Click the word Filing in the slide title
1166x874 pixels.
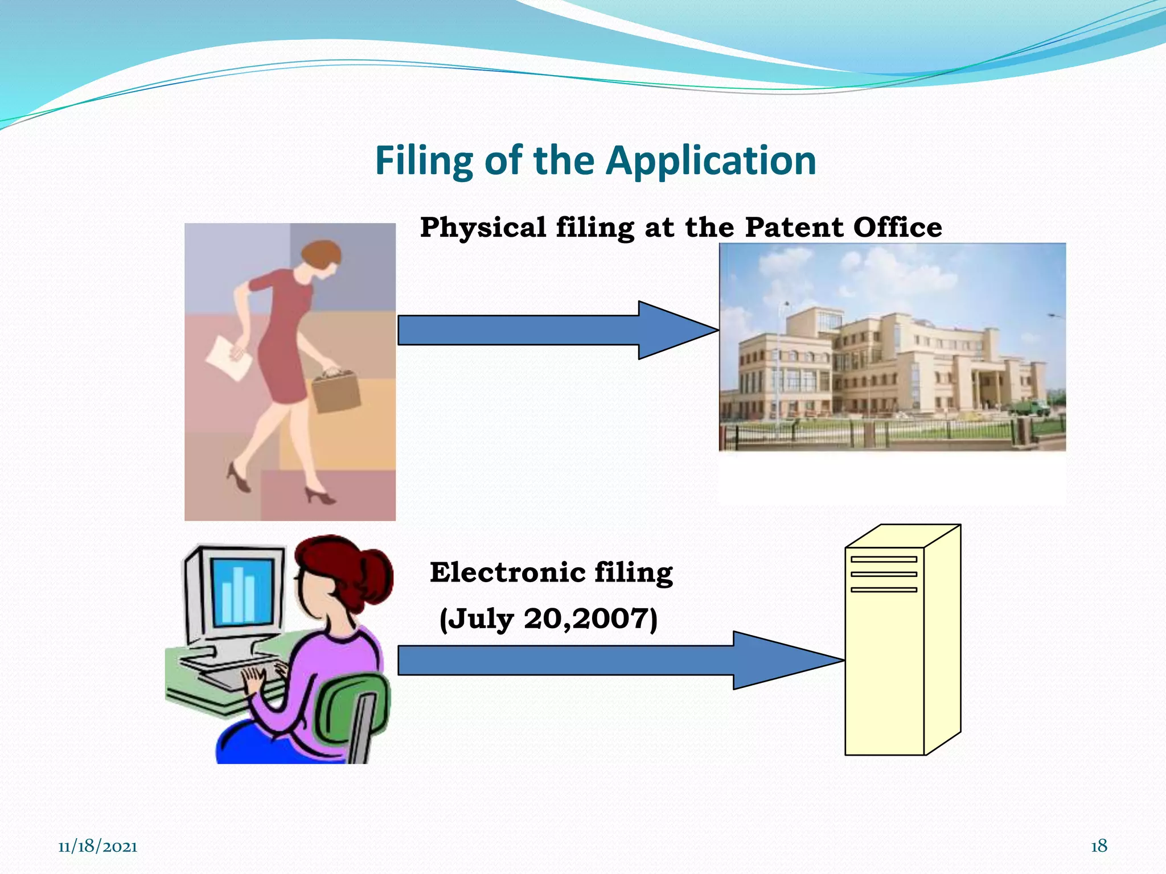(x=424, y=161)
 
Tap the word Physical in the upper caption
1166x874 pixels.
(x=483, y=228)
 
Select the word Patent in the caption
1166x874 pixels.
(x=794, y=228)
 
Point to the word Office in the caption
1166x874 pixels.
(x=898, y=228)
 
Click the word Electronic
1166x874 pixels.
(x=507, y=572)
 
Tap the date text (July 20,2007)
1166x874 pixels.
(x=549, y=619)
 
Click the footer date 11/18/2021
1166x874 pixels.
(x=98, y=847)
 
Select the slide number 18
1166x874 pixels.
(x=1099, y=846)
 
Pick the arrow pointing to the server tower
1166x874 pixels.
(x=621, y=661)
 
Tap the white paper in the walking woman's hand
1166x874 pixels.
(x=228, y=358)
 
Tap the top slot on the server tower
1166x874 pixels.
(x=884, y=559)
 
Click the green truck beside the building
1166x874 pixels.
(x=1030, y=407)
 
